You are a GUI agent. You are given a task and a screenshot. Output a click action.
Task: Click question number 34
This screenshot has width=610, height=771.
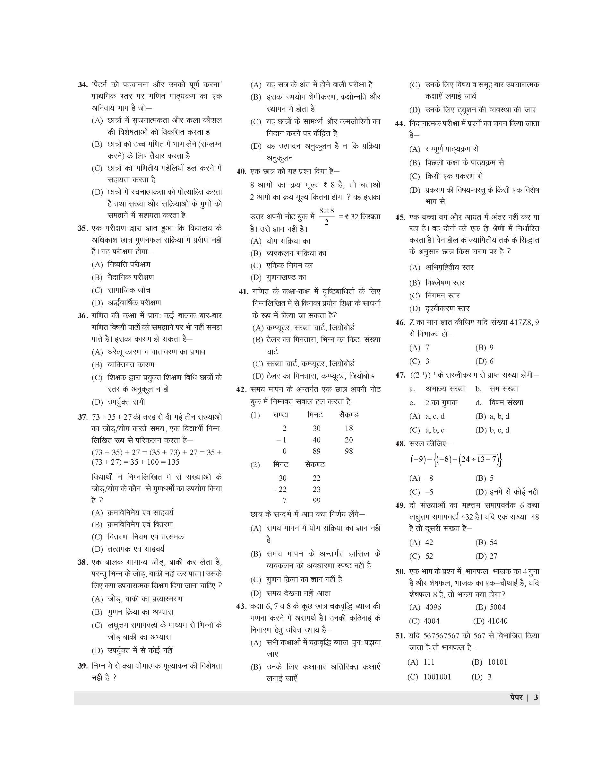83,85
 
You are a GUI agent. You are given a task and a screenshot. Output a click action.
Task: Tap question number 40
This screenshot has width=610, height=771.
241,171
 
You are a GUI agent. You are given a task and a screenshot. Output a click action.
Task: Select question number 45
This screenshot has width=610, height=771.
400,217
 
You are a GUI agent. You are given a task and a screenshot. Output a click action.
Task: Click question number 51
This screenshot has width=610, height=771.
400,636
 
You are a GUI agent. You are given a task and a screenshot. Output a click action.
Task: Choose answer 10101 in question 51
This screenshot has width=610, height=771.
497,662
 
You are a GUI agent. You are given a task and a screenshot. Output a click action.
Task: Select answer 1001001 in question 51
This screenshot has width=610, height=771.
437,677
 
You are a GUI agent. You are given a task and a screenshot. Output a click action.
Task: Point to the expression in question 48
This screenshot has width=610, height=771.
456,460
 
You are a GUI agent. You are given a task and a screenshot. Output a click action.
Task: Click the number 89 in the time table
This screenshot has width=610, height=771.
316,451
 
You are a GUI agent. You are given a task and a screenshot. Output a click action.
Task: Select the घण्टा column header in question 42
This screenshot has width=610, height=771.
280,415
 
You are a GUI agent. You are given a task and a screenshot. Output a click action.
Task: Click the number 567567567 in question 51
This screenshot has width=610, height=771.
444,636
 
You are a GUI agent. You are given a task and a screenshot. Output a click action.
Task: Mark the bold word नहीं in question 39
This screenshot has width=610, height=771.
97,677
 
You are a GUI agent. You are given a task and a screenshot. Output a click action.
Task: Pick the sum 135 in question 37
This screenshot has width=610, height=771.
173,462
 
